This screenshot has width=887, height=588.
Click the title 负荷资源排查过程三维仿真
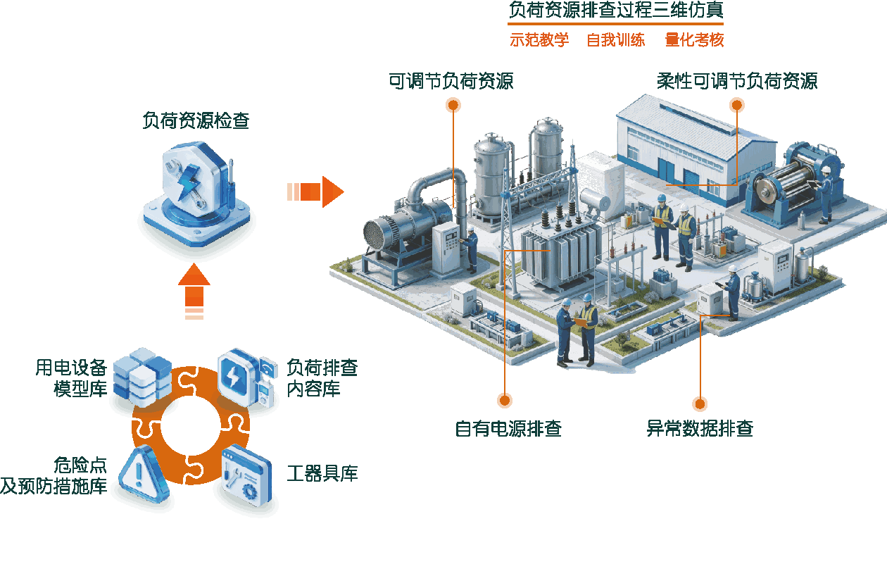(x=616, y=10)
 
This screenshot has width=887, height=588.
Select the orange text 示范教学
(x=539, y=40)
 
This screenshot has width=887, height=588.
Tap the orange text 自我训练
(x=616, y=40)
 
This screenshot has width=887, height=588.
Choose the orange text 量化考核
(x=695, y=40)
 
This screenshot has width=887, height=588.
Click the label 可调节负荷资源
(x=451, y=81)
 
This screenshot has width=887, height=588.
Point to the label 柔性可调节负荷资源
(x=737, y=81)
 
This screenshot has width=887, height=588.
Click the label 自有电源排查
(x=508, y=428)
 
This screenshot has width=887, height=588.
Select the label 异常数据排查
(x=700, y=428)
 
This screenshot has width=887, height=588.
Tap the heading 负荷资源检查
(x=196, y=120)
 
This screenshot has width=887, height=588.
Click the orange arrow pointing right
(x=315, y=192)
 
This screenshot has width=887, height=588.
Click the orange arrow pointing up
(x=194, y=292)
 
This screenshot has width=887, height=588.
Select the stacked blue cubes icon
(x=142, y=377)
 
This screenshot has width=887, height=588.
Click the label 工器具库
(x=322, y=473)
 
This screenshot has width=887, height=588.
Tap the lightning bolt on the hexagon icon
(x=187, y=182)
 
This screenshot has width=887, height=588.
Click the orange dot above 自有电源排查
(x=505, y=400)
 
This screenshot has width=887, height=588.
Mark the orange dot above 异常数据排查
(x=700, y=404)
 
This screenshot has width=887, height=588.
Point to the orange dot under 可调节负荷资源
(x=453, y=106)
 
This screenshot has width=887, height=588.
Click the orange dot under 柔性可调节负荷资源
(x=736, y=105)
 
